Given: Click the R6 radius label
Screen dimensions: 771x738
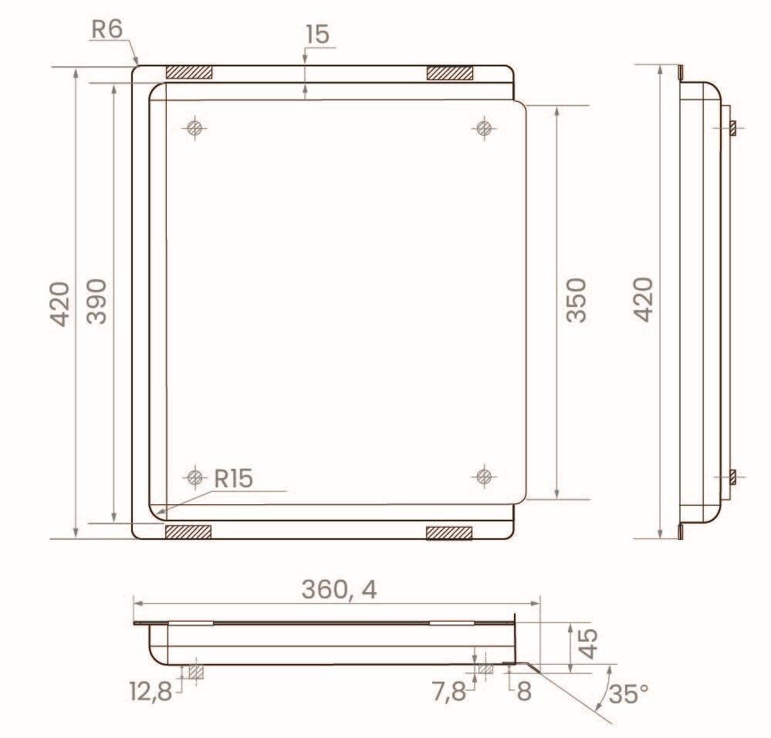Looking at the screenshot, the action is tap(107, 29).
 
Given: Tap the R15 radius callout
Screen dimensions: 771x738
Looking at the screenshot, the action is tap(234, 478).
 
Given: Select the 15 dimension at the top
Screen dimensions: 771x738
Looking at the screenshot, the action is tap(318, 35).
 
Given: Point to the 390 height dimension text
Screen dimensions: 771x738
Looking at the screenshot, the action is tap(96, 302).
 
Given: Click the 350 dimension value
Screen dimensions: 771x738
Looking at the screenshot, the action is tap(577, 300).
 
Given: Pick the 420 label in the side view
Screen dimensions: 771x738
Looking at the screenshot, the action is tap(643, 300).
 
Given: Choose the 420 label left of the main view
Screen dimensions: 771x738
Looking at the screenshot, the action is tap(60, 304).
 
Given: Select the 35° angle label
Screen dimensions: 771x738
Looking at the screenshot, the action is tap(628, 694).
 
